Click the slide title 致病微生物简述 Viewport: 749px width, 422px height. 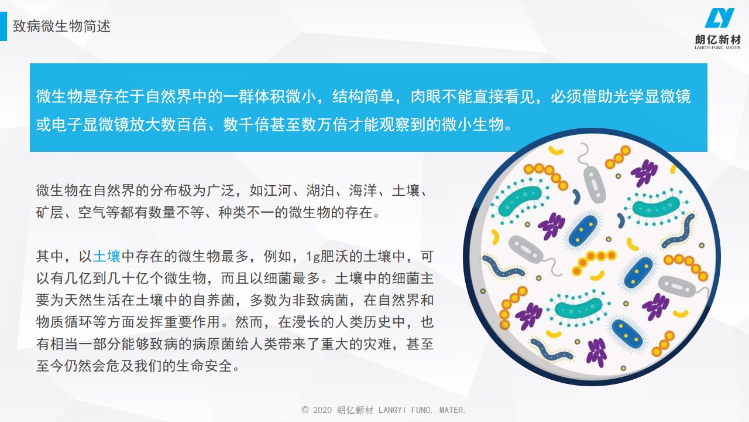pos(61,26)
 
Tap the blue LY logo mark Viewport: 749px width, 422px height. pos(719,18)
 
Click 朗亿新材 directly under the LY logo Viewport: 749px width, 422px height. pos(718,39)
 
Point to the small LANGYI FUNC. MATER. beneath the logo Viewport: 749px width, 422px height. pos(718,47)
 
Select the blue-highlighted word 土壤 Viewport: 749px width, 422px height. pos(106,256)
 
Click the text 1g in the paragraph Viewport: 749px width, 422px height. pos(313,257)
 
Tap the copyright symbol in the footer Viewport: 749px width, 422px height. pos(305,410)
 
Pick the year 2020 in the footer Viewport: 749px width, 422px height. pos(322,410)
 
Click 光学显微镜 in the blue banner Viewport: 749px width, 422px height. pos(652,97)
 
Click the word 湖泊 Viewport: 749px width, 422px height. pos(320,190)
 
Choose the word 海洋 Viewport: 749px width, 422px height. pos(363,190)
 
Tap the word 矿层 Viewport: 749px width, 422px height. pos(50,212)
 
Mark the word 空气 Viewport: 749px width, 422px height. pos(92,212)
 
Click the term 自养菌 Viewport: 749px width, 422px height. pos(214,300)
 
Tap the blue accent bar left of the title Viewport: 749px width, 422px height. pos(4,26)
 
